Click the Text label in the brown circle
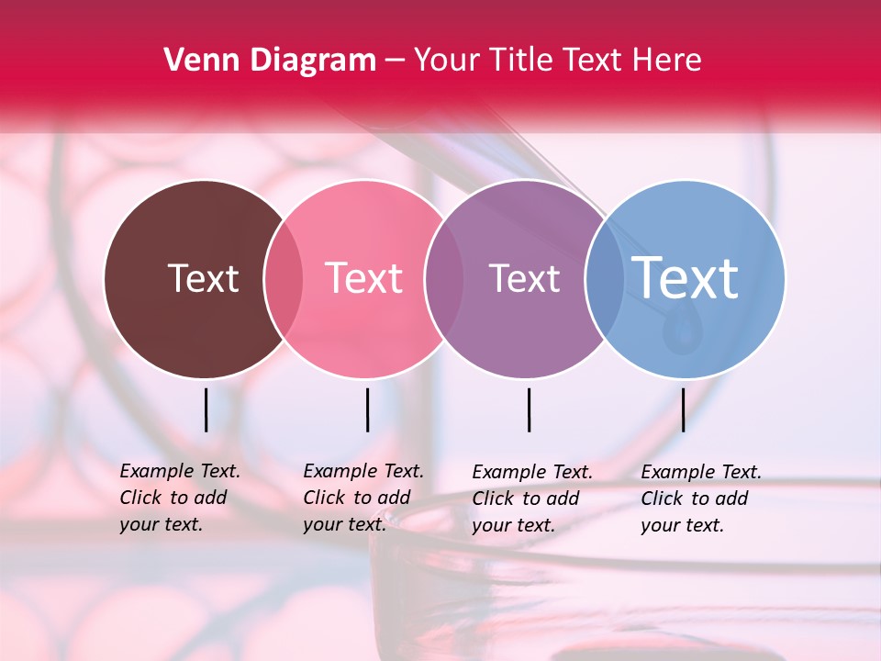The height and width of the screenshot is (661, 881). tap(203, 278)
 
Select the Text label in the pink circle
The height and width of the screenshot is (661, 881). tap(363, 278)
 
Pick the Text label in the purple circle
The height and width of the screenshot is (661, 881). tap(524, 278)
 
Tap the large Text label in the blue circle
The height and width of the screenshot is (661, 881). tap(686, 277)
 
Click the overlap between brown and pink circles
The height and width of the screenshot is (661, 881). tap(283, 279)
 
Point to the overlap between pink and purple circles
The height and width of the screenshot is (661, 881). tap(443, 279)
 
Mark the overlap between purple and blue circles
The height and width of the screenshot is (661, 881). tap(600, 279)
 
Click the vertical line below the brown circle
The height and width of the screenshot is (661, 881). tap(206, 409)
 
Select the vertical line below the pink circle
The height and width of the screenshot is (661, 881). tap(367, 409)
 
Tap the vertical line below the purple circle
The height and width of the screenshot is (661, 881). tap(529, 409)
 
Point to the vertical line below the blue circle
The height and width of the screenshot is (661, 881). tap(683, 409)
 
